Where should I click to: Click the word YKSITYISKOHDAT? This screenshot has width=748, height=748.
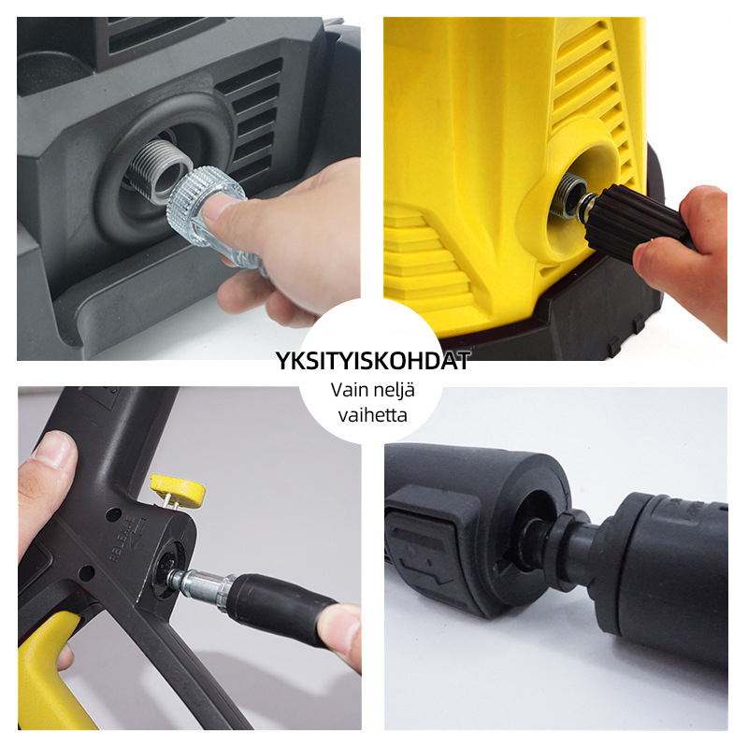coord(373,361)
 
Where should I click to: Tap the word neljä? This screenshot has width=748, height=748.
coord(395,390)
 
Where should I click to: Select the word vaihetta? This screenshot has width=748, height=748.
coord(373,414)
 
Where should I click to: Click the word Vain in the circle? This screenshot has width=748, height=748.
coord(350,390)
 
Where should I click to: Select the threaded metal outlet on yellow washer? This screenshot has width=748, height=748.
coord(568,196)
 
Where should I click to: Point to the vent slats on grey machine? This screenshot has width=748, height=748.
coord(250,120)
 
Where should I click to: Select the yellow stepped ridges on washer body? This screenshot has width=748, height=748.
coord(427,258)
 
